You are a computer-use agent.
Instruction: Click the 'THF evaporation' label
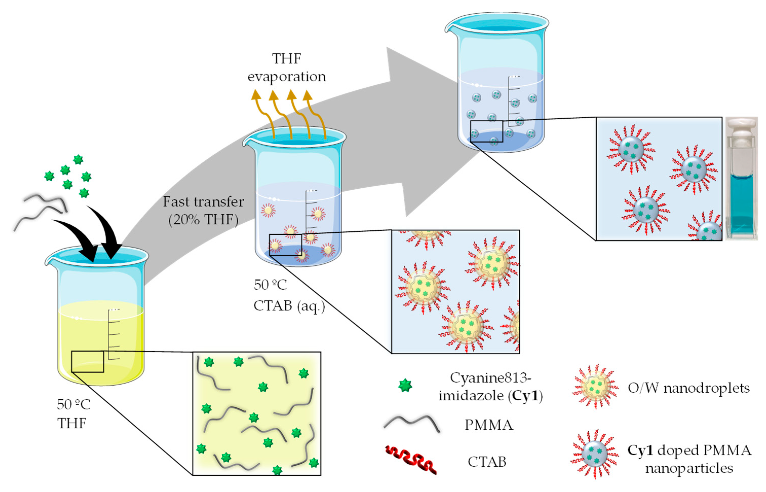pyautogui.click(x=286, y=67)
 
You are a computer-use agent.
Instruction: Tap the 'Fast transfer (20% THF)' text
pyautogui.click(x=203, y=211)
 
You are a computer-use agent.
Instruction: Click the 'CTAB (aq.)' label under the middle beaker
pyautogui.click(x=289, y=306)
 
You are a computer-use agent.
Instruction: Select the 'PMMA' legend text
pyautogui.click(x=488, y=425)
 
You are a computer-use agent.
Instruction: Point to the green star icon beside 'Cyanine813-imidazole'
pyautogui.click(x=405, y=385)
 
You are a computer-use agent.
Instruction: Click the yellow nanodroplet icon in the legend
pyautogui.click(x=595, y=387)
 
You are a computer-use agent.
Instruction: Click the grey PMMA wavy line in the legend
pyautogui.click(x=411, y=423)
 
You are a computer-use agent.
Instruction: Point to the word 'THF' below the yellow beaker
pyautogui.click(x=72, y=423)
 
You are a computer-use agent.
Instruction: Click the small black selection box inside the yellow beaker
pyautogui.click(x=87, y=361)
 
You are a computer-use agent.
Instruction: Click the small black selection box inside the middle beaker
pyautogui.click(x=285, y=245)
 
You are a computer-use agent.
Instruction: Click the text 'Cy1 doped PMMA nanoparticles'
pyautogui.click(x=689, y=459)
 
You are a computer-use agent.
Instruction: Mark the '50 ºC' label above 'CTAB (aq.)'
pyautogui.click(x=270, y=285)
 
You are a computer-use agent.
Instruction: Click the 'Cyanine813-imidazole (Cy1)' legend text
pyautogui.click(x=490, y=387)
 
